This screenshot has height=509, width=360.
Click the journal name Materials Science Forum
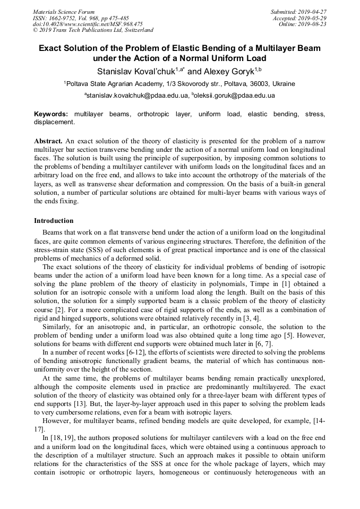pos(64,11)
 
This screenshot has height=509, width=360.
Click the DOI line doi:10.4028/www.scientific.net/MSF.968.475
pos(88,24)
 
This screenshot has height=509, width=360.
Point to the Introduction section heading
pos(54,221)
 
